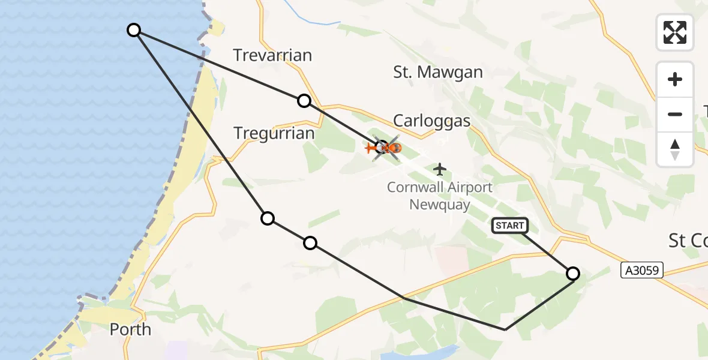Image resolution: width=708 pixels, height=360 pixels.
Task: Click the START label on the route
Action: [x=509, y=226]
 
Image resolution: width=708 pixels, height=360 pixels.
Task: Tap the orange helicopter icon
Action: [x=382, y=146]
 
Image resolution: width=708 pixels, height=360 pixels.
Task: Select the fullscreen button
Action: [x=675, y=32]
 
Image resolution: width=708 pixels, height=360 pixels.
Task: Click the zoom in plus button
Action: [x=675, y=79]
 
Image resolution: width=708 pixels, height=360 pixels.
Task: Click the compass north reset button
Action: [x=675, y=149]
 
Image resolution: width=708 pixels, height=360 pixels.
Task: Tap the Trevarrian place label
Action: [x=272, y=56]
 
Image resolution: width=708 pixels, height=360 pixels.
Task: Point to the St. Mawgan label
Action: [x=438, y=73]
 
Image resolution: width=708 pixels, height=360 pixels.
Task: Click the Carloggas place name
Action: [x=431, y=120]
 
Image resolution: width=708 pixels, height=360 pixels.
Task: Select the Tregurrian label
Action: [x=274, y=133]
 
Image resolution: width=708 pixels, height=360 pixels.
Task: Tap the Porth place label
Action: [x=130, y=329]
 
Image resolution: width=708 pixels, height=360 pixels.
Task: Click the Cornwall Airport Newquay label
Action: [x=440, y=196]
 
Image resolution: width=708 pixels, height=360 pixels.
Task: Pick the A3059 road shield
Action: [x=641, y=271]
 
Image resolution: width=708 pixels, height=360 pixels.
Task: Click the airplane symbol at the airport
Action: [x=440, y=169]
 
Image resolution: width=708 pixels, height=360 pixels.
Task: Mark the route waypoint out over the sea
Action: [x=134, y=30]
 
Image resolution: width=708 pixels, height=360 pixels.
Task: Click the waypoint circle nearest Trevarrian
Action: [x=304, y=101]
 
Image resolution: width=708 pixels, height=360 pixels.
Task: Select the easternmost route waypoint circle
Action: [x=573, y=274]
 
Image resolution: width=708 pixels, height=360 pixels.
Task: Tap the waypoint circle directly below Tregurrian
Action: [x=268, y=218]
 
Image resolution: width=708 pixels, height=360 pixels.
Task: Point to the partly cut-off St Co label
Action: [x=688, y=241]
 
